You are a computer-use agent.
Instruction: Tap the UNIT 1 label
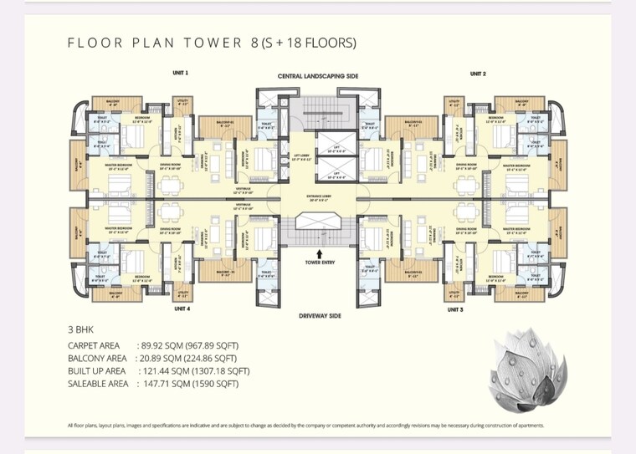(180, 74)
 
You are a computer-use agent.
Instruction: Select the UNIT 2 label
(478, 74)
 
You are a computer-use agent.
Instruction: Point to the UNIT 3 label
(455, 309)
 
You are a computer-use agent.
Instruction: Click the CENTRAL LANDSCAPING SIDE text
(317, 76)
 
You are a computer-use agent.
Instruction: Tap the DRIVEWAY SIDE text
(318, 316)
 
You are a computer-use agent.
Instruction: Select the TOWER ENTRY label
(319, 262)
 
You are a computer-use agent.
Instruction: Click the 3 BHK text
(81, 330)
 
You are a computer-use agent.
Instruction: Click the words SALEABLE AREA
(98, 384)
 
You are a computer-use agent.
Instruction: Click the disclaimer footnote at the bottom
(305, 426)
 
